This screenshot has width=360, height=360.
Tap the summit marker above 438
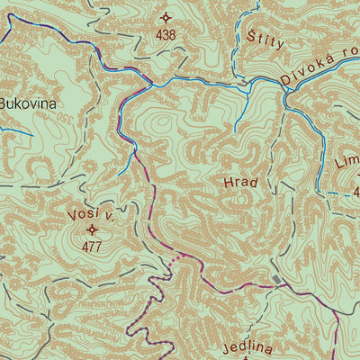pos(166,17)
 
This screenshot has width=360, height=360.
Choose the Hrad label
pos(240,183)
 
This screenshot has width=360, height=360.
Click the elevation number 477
pos(91,246)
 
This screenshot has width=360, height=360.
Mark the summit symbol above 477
pos(91,229)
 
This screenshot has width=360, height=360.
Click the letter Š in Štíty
pos(250,37)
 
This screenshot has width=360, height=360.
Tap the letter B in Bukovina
pos(4,103)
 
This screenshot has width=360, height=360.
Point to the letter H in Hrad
pos(227,183)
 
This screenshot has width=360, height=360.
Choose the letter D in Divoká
pos(285,80)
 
